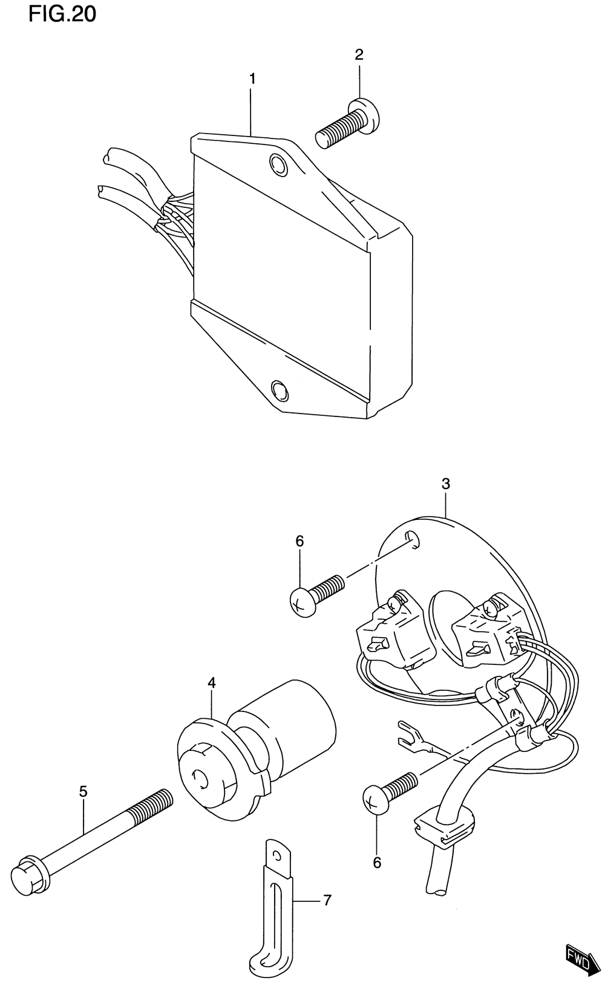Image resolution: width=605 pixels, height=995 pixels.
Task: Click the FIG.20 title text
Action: (62, 14)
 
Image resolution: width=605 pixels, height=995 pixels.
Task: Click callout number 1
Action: (252, 79)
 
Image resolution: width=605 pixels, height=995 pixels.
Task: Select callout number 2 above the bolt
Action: (359, 55)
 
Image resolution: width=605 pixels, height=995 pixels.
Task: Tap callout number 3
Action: (446, 484)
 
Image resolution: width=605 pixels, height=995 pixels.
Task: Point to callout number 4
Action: (212, 682)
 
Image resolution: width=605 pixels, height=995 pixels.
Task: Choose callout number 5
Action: (83, 791)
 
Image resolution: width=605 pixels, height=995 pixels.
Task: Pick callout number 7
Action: (327, 900)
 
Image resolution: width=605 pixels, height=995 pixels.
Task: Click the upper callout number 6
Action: (299, 541)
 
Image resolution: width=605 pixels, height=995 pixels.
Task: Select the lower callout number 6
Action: (377, 863)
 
